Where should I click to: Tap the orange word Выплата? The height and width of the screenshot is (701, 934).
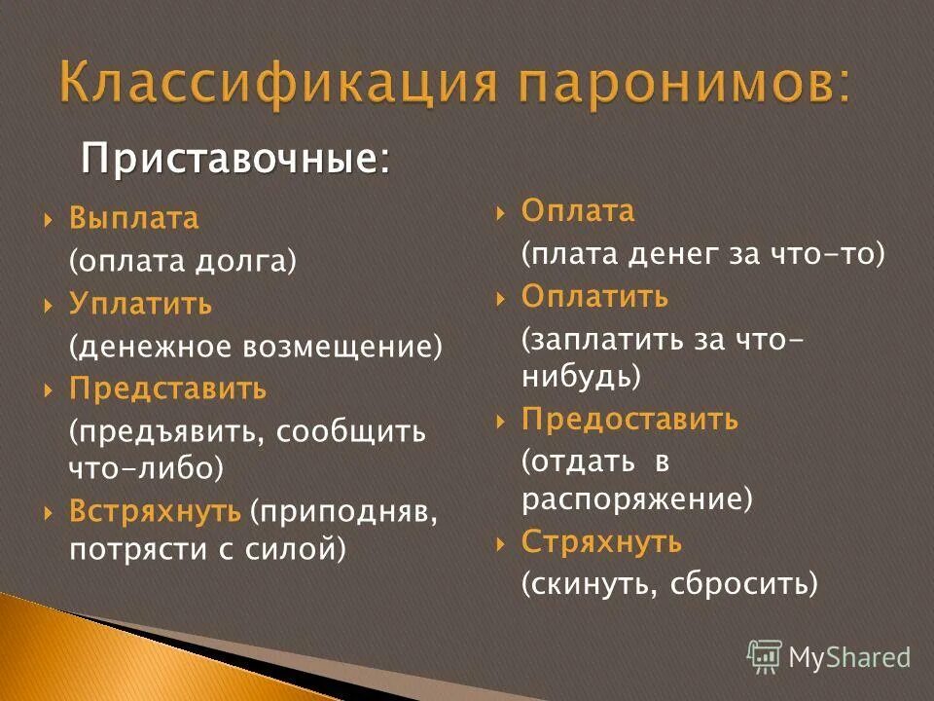point(133,219)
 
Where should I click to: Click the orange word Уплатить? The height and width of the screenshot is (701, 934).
point(140,304)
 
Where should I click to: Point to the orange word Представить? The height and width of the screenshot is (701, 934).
point(167,389)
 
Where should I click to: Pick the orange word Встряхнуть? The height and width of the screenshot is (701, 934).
point(155,510)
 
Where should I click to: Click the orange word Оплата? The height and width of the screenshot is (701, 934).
point(578,211)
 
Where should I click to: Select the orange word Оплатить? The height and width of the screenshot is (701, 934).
point(594,296)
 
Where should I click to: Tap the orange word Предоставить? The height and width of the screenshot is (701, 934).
point(629,421)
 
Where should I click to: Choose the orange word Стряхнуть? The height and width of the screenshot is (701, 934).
point(601,541)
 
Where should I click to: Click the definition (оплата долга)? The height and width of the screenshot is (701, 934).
point(182,262)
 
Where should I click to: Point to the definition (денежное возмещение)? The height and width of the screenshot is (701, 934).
point(255,347)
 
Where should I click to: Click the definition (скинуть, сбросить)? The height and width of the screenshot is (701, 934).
point(669,583)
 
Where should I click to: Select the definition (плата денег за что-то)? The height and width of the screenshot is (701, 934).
point(702,254)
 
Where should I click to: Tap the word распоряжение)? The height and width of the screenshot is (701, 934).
point(637,499)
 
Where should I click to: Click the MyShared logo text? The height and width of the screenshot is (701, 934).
point(849,657)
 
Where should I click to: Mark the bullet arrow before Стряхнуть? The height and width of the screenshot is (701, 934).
point(501,542)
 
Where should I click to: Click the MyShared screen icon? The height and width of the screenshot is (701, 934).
point(765,656)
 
